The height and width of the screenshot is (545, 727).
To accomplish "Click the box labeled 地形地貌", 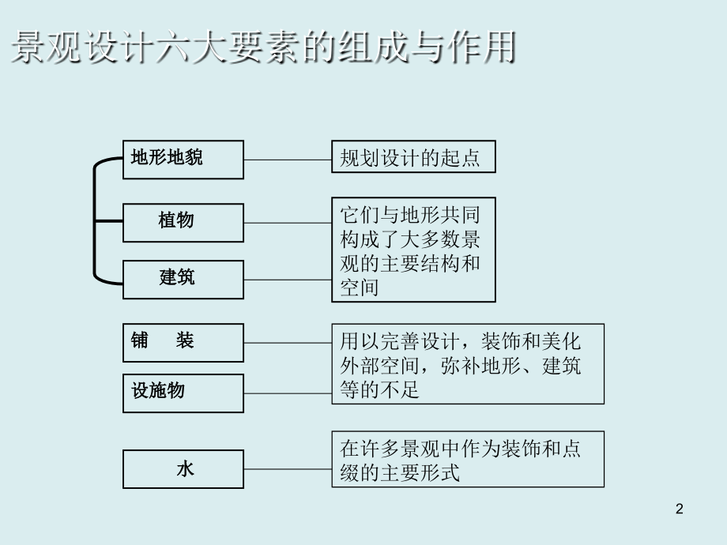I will [x=183, y=159].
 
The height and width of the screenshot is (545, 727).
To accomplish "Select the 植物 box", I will [x=183, y=222].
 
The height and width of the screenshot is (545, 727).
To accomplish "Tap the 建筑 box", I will [x=183, y=279].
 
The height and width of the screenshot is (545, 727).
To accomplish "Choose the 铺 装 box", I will [x=183, y=342].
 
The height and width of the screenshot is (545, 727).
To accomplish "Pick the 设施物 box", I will [x=183, y=393].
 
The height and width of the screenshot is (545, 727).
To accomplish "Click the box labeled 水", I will [x=183, y=469].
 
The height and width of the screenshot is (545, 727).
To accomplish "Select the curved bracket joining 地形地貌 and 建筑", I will [x=96, y=220].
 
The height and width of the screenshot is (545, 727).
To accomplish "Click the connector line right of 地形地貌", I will [x=288, y=159].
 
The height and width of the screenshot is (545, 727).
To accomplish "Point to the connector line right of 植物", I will [x=288, y=222].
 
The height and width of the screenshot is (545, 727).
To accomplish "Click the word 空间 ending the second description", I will [x=360, y=288].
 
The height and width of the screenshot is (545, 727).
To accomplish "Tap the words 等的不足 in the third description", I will [x=380, y=389].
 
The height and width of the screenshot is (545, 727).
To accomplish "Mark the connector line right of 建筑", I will [x=288, y=279].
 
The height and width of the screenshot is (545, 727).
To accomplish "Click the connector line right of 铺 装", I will [x=288, y=342].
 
